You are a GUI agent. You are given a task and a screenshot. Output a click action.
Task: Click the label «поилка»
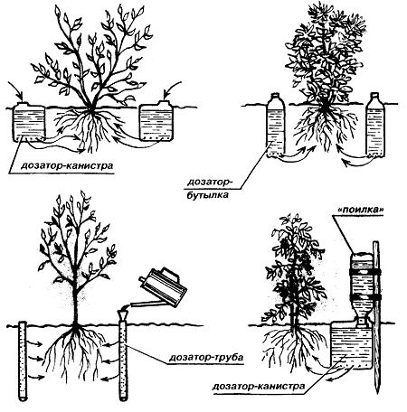tap(358, 210)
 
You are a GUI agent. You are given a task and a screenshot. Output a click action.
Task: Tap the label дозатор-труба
tap(206, 358)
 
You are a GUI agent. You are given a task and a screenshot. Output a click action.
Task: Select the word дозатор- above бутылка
tap(208, 183)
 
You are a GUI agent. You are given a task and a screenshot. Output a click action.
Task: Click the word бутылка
tap(207, 195)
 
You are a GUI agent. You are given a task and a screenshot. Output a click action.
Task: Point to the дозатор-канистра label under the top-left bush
tap(67, 166)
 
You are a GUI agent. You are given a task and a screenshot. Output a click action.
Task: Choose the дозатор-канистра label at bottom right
tap(259, 386)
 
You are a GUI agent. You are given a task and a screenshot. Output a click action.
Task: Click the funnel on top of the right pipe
tap(123, 315)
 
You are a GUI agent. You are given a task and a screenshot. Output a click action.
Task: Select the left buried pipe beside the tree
tap(23, 360)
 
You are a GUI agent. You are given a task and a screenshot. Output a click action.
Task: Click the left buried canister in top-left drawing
tap(29, 122)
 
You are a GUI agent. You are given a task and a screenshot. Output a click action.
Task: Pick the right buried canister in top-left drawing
tap(156, 121)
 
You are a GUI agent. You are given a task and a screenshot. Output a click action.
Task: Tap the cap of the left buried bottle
tap(276, 95)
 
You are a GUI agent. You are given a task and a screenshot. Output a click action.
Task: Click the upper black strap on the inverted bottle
tap(364, 272)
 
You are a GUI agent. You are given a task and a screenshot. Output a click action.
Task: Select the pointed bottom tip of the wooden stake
tap(377, 394)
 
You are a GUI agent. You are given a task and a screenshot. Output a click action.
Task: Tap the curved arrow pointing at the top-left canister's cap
tap(16, 90)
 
